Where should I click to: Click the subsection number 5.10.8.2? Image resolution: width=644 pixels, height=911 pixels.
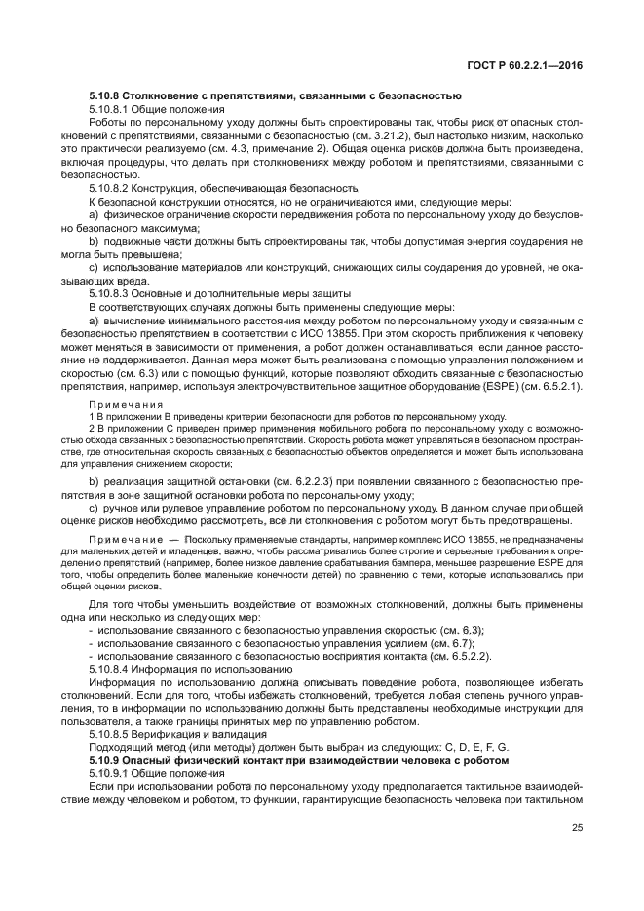coord(110,186)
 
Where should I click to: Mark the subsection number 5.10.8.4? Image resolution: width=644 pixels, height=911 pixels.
coord(110,670)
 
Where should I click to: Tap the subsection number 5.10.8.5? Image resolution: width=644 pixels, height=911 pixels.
coord(110,733)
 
